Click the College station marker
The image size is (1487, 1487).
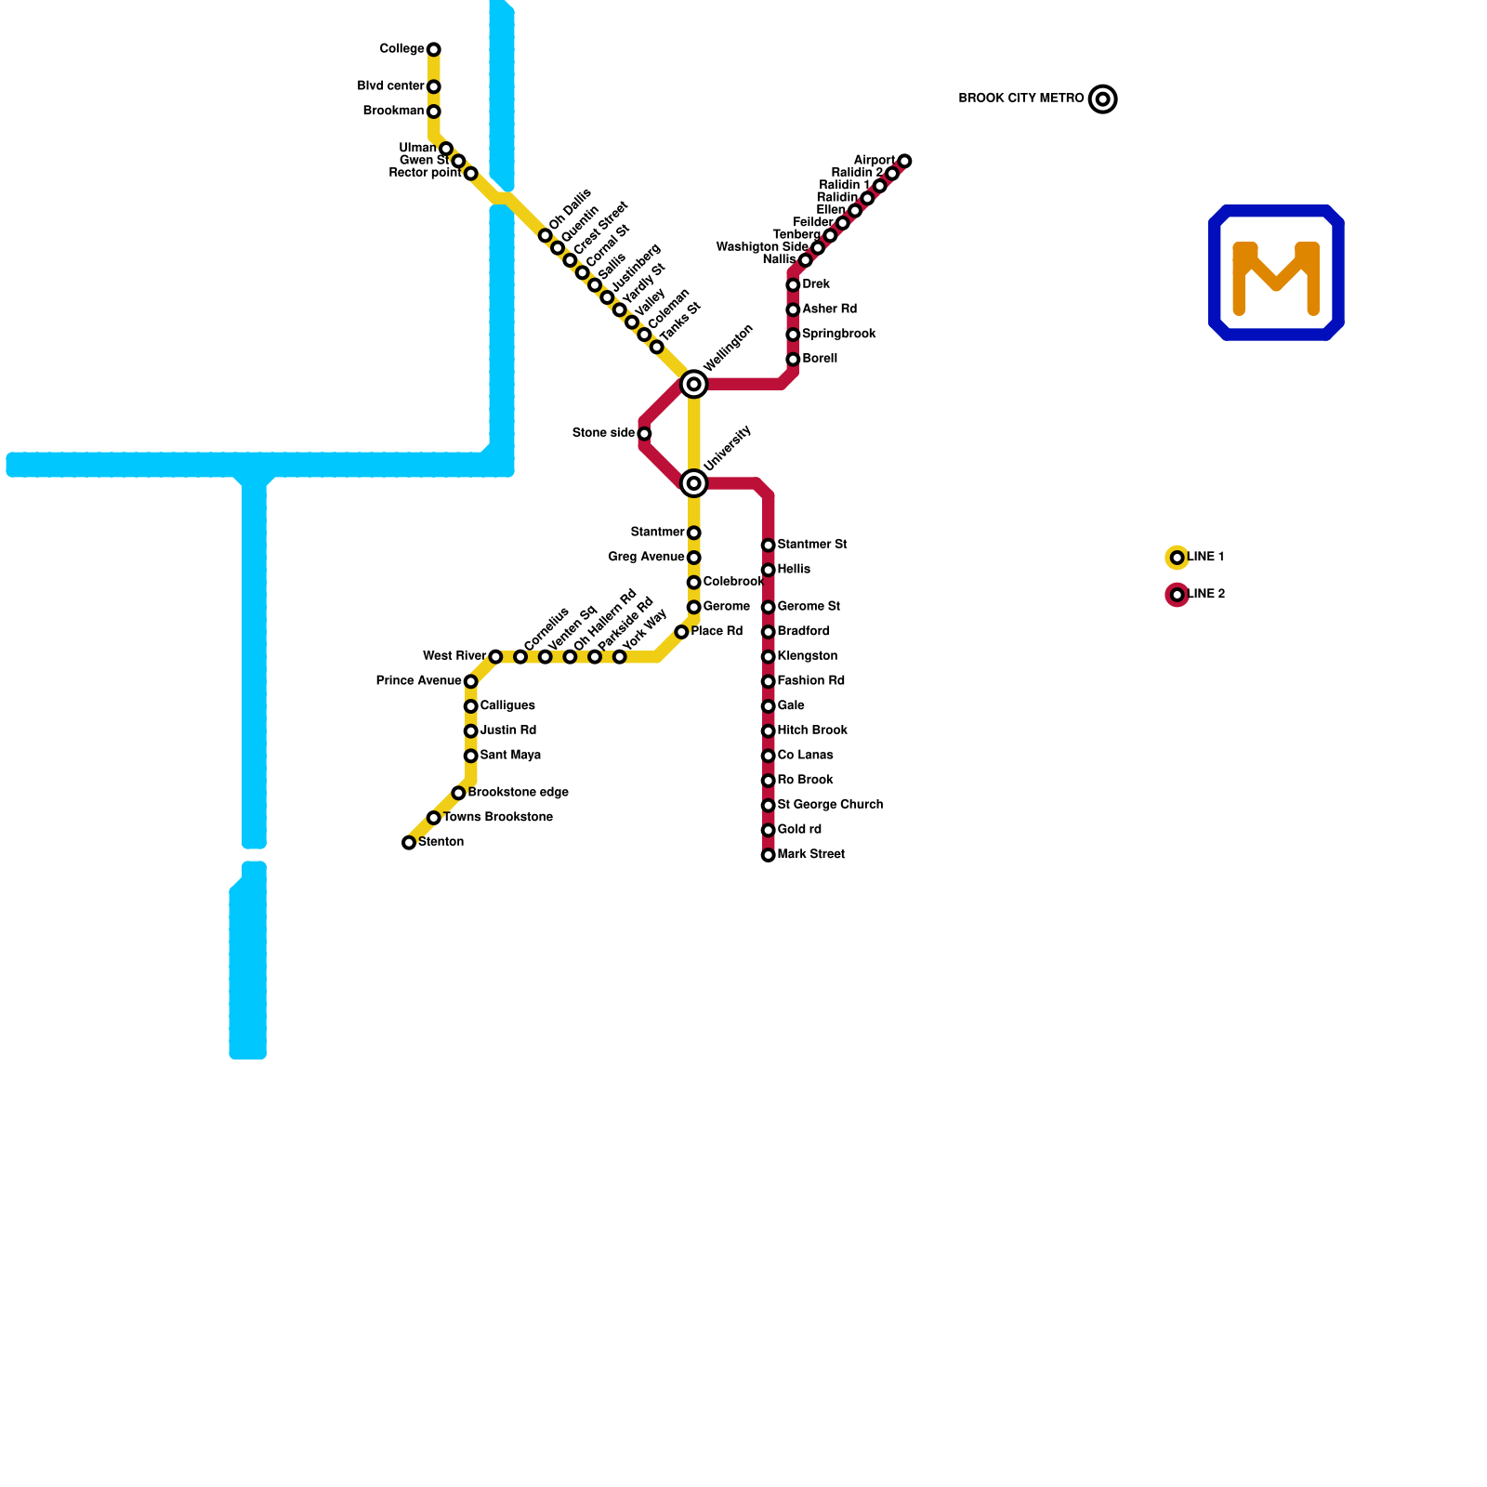pos(433,49)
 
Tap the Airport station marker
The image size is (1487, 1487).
pos(904,161)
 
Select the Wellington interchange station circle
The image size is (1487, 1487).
pos(693,384)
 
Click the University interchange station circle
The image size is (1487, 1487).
pos(693,482)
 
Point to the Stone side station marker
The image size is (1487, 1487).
pos(644,433)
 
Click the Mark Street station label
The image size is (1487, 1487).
pos(810,854)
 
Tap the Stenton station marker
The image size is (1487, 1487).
pos(409,843)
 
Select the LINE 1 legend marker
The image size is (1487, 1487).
pos(1177,558)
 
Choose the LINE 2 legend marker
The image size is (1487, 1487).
pos(1177,595)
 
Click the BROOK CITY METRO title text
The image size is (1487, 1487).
pos(1020,99)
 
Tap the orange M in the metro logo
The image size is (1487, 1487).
pos(1276,276)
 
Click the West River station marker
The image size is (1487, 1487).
pos(495,657)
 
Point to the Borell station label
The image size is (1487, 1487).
pos(819,359)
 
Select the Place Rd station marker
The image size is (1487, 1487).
pos(681,632)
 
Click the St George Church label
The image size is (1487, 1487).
pos(829,805)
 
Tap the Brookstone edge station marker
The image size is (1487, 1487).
pos(458,793)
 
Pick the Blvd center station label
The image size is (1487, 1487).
pos(390,86)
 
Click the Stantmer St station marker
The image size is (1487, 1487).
pos(768,546)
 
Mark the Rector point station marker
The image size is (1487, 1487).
pos(470,174)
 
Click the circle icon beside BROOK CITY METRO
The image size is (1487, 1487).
pos(1102,99)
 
